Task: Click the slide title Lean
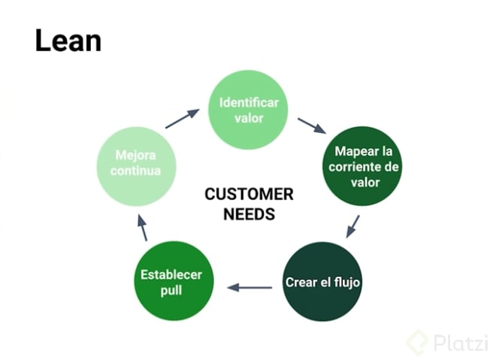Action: [x=68, y=41]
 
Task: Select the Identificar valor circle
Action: [x=248, y=110]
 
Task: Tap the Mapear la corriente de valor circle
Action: [x=364, y=166]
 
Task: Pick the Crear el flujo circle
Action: [x=322, y=282]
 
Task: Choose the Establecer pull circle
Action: [x=172, y=280]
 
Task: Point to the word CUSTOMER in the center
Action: [x=249, y=195]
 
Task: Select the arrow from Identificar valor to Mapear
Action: [x=311, y=126]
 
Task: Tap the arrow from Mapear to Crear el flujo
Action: [x=352, y=226]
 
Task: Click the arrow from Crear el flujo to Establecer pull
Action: [x=250, y=286]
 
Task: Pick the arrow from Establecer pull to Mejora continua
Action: [x=142, y=226]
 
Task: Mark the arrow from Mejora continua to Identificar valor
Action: [x=182, y=119]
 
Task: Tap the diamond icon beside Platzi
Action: [x=418, y=342]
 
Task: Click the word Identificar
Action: [x=249, y=102]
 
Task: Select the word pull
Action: [x=172, y=290]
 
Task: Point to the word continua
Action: [x=137, y=171]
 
